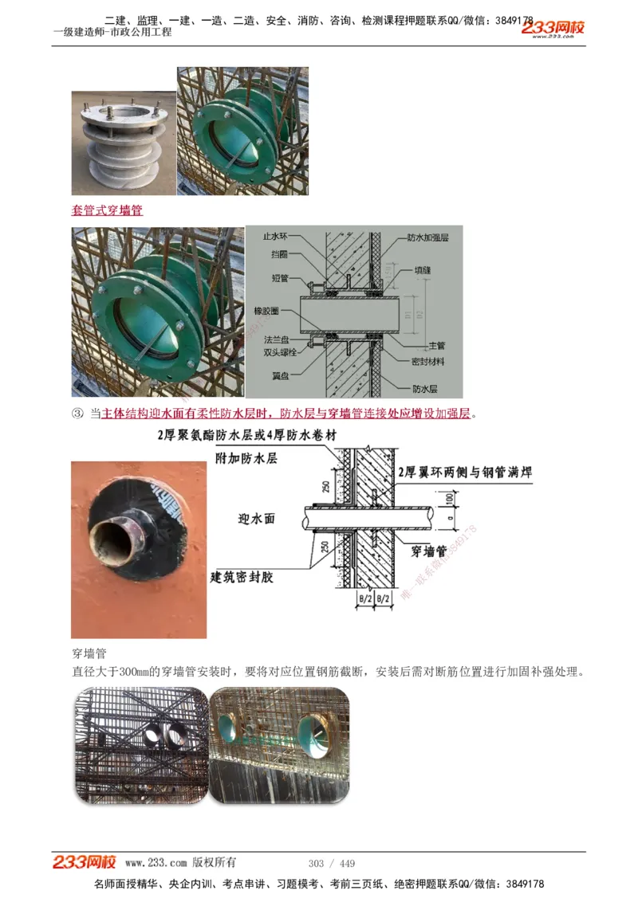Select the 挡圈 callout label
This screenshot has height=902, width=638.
[279, 253]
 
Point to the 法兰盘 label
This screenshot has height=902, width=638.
[277, 339]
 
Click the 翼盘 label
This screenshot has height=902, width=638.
[279, 375]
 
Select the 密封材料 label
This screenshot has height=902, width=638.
[427, 361]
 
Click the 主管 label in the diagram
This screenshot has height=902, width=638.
[436, 346]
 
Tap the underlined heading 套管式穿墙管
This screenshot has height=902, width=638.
[108, 211]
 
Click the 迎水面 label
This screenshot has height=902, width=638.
[257, 519]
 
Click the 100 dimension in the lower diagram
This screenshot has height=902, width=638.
[448, 498]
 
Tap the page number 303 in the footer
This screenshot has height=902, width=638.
[316, 864]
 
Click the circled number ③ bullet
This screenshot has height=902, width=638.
[77, 414]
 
